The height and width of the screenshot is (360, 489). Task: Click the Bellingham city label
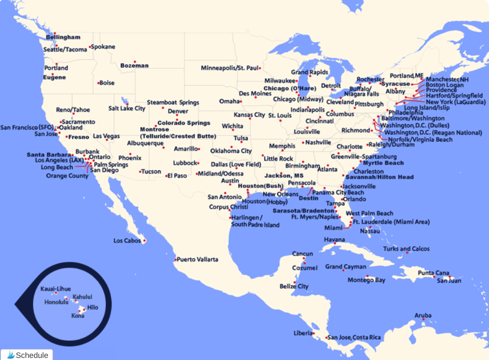[63, 37]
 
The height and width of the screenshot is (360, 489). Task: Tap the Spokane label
[103, 47]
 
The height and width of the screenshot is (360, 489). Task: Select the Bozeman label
[134, 66]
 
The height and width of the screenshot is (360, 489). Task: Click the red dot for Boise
[98, 83]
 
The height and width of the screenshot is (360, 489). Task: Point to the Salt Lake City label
[127, 109]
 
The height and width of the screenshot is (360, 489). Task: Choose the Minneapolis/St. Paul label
[229, 68]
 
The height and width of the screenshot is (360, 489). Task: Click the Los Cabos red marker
[144, 241]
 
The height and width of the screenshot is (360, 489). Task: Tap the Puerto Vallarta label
[198, 259]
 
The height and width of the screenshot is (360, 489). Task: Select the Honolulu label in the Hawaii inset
[56, 302]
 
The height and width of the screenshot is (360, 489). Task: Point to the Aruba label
[423, 315]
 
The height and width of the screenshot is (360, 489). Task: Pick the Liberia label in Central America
[303, 332]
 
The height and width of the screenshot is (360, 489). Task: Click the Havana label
[334, 239]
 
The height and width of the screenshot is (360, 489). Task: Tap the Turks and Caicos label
[406, 249]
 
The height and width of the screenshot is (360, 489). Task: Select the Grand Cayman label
[346, 266]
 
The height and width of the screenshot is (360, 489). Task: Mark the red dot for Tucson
[140, 171]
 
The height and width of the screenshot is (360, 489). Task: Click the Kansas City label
[249, 115]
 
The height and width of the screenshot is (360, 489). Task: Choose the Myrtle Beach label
[383, 163]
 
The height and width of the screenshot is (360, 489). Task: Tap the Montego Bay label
[366, 281]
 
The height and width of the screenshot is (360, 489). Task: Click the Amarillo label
[186, 149]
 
